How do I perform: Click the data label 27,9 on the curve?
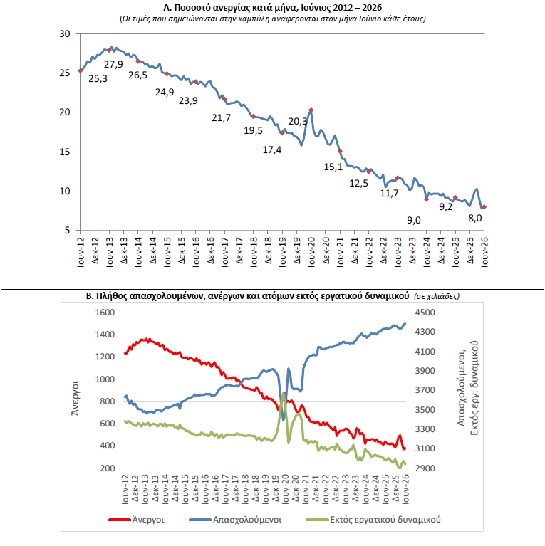113,64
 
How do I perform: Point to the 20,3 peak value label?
298,121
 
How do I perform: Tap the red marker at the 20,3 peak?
311,110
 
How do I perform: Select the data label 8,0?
474,219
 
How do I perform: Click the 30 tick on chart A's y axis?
65,33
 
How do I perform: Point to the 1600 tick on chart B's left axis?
105,313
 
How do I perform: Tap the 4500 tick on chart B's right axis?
425,313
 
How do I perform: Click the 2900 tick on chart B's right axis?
425,468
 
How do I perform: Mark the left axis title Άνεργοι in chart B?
75,398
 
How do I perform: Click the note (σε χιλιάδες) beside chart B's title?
436,296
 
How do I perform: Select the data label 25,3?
98,79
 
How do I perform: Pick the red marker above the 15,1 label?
340,151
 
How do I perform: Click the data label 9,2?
446,207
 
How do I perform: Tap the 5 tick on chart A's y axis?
67,231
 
